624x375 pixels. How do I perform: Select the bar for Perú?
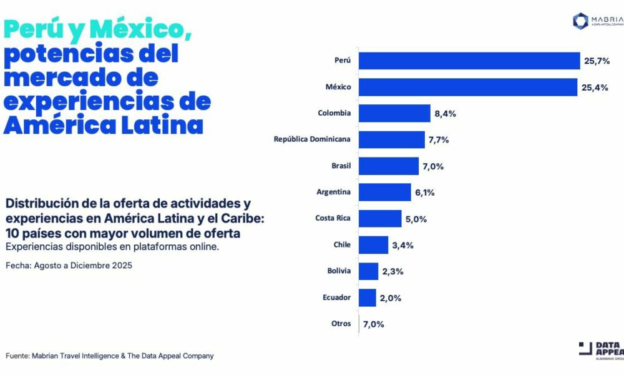point(469,61)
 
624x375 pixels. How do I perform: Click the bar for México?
point(468,87)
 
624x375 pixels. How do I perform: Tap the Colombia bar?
point(394,113)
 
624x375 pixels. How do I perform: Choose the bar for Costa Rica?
point(380,218)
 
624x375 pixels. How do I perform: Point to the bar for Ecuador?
point(368,297)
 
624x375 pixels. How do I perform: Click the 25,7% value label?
point(597,61)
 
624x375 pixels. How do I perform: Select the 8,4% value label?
point(446,113)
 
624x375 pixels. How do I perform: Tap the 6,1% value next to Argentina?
point(425,192)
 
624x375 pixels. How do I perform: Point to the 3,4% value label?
point(403,244)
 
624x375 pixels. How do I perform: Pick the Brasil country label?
point(341,166)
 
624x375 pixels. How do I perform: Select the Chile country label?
point(342,244)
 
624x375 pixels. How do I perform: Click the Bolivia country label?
point(339,271)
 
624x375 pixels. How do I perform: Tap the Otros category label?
point(341,324)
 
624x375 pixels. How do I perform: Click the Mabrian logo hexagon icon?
point(581,21)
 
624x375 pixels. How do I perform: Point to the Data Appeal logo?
point(601,351)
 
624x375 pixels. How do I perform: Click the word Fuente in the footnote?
point(19,356)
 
